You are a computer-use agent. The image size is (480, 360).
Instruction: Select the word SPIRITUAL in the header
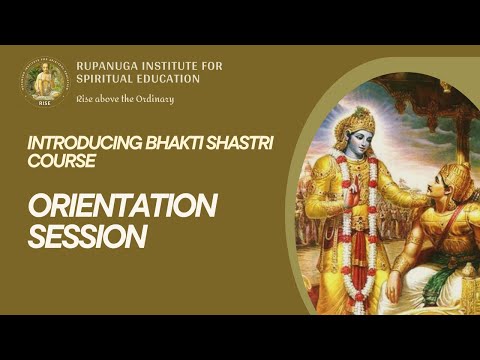point(105,79)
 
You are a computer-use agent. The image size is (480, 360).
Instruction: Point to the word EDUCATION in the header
point(168,79)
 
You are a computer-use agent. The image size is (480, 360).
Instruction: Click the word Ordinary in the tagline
point(153,98)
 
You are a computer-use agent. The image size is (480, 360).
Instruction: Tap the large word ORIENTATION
point(121,206)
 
